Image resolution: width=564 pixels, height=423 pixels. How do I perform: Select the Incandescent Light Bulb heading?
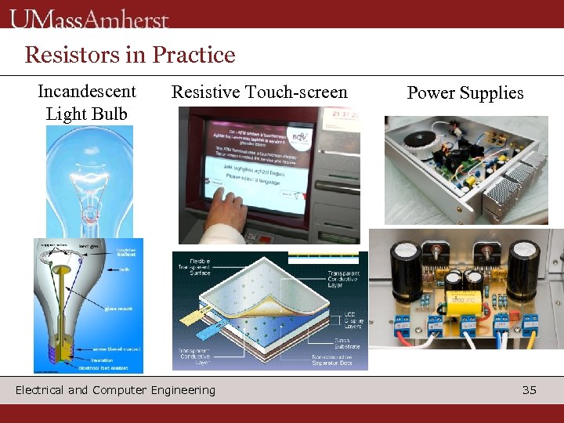pyautogui.click(x=86, y=102)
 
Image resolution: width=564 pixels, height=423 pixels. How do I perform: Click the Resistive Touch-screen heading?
pyautogui.click(x=259, y=92)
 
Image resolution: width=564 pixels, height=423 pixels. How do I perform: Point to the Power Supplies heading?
pyautogui.click(x=465, y=92)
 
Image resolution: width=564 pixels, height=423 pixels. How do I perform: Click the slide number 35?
pyautogui.click(x=530, y=389)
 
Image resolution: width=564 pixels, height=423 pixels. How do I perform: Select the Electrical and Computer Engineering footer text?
pyautogui.click(x=115, y=389)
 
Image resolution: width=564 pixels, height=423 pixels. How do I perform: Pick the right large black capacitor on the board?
pyautogui.click(x=522, y=270)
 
